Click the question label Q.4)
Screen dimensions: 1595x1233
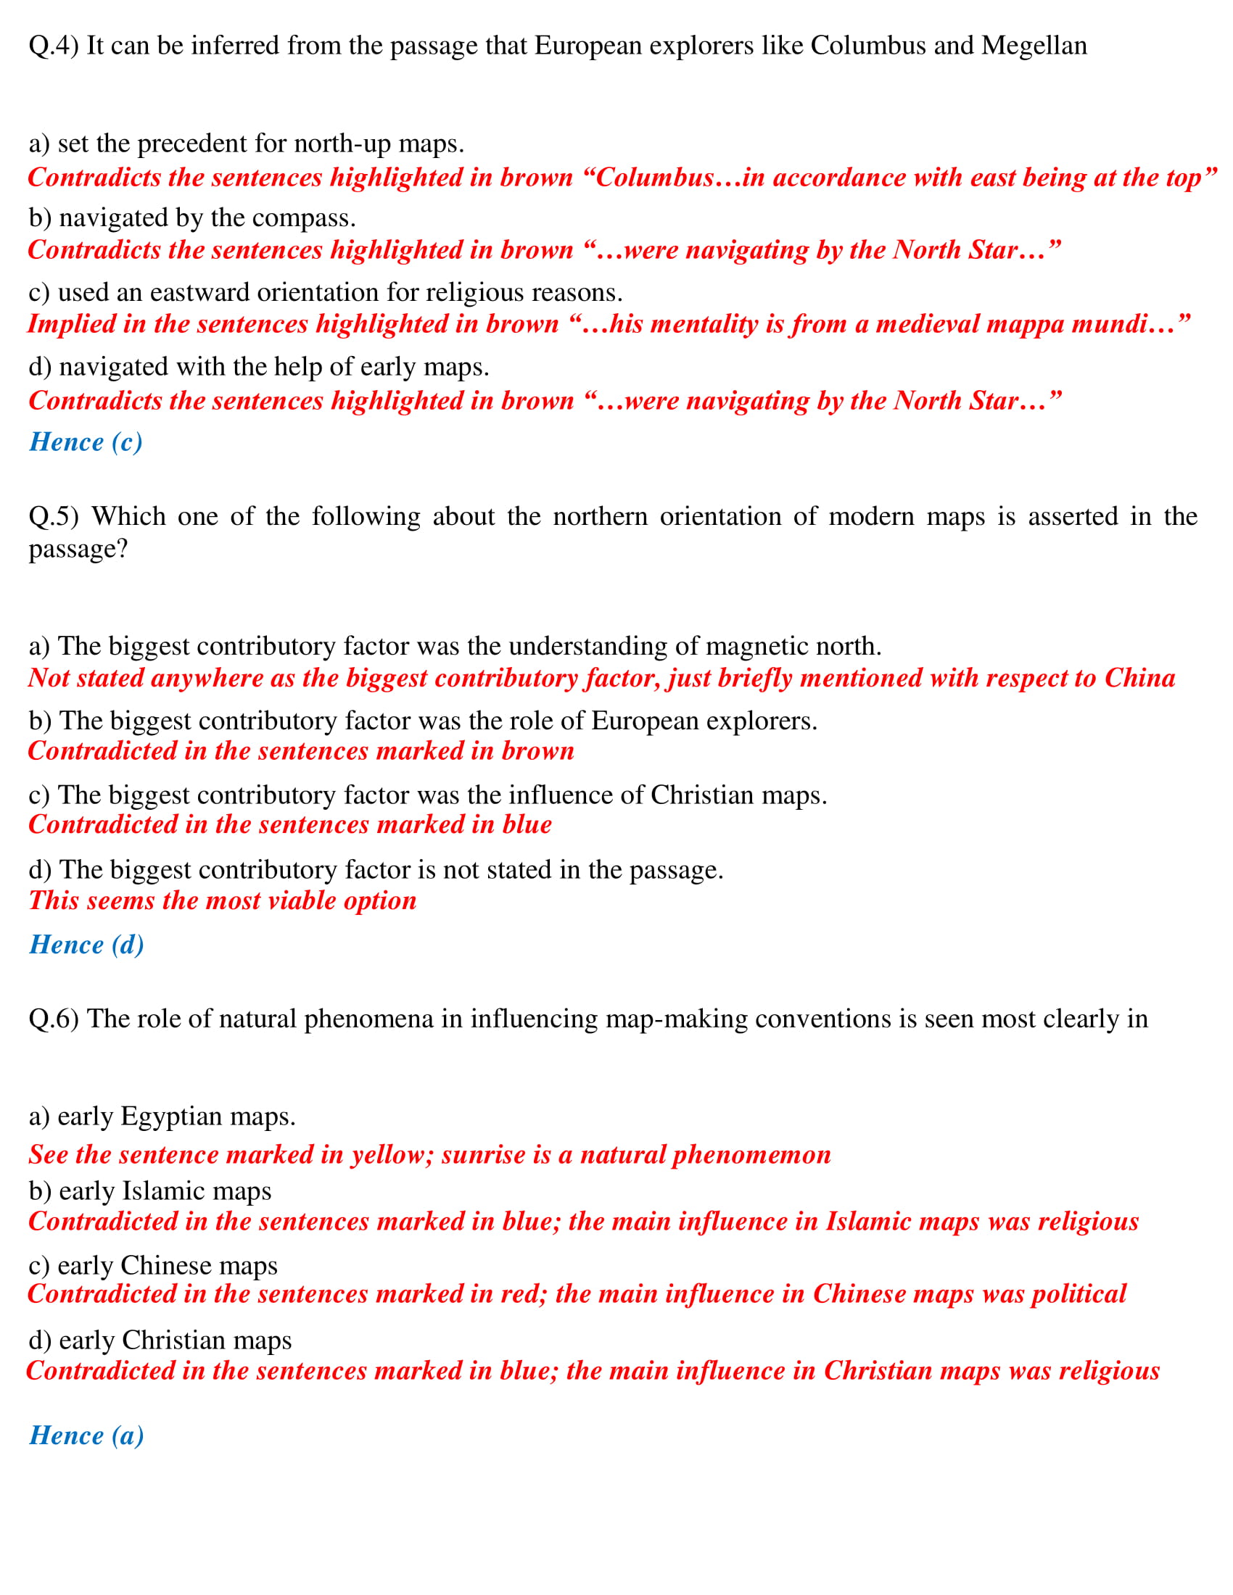[54, 46]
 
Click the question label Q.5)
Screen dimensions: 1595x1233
[54, 516]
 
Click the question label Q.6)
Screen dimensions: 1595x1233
[54, 1019]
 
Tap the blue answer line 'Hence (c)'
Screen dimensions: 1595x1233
[86, 442]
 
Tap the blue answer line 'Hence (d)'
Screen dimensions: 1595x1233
[86, 945]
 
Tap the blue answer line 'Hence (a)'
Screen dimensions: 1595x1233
[86, 1435]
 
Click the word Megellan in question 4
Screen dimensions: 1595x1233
[1034, 46]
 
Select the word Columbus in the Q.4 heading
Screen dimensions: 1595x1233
[867, 46]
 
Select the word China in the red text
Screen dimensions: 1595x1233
[1139, 679]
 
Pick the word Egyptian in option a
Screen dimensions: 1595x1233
[172, 1116]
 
